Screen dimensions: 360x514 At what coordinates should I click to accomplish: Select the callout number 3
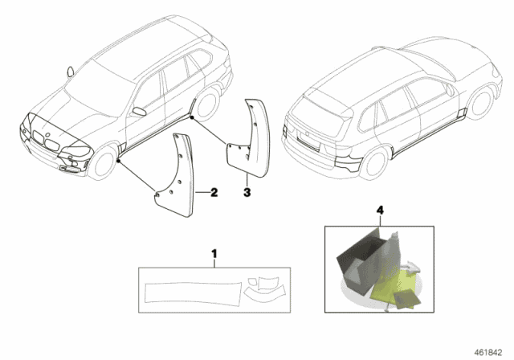pyautogui.click(x=247, y=193)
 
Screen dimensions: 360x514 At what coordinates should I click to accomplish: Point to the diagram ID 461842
pyautogui.click(x=492, y=351)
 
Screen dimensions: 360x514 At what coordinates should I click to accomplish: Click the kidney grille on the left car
pyautogui.click(x=50, y=145)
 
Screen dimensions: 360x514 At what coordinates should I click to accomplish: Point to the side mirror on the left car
pyautogui.click(x=139, y=108)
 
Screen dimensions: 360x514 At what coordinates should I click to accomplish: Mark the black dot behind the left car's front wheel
pyautogui.click(x=118, y=162)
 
